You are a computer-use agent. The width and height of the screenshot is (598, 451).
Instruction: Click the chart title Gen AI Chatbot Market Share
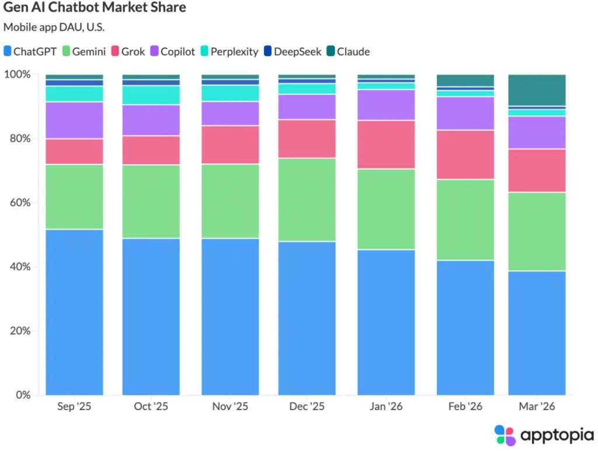click(95, 8)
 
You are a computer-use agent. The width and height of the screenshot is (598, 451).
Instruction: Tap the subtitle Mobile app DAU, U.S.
click(54, 27)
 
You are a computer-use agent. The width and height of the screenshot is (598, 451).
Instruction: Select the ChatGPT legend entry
click(30, 51)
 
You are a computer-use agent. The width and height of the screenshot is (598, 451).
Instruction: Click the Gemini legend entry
click(84, 51)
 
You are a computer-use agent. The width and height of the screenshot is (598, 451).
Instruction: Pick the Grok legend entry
click(127, 51)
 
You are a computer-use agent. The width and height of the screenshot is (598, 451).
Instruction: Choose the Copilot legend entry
click(172, 51)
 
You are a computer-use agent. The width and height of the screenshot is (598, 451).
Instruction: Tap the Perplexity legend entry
click(228, 51)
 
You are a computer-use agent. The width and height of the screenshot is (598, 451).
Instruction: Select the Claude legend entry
click(347, 51)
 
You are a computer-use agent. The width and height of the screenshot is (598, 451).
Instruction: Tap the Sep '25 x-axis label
click(75, 407)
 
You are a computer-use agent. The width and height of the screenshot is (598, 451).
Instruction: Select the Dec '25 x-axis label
click(307, 407)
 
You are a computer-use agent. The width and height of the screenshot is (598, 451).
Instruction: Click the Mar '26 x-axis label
click(537, 407)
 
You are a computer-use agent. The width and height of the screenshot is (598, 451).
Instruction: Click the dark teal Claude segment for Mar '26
click(537, 90)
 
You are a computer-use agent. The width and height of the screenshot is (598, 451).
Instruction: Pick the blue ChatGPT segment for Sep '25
click(75, 312)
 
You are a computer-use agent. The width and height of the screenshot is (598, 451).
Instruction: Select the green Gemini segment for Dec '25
click(307, 199)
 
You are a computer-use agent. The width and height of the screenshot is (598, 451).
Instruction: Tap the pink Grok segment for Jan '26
click(386, 144)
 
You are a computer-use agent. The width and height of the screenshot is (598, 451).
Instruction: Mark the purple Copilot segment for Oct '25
click(151, 120)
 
